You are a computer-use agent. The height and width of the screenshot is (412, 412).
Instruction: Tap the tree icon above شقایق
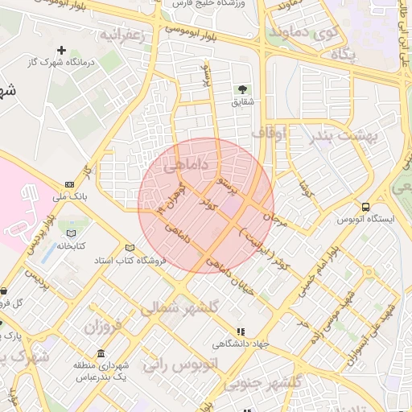pyautogui.click(x=242, y=89)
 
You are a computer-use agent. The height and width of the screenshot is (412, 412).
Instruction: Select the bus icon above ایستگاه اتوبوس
pyautogui.click(x=366, y=207)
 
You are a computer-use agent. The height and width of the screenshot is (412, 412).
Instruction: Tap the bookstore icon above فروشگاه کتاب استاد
pyautogui.click(x=130, y=248)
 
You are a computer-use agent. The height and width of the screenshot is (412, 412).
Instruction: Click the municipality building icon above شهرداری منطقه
pyautogui.click(x=101, y=354)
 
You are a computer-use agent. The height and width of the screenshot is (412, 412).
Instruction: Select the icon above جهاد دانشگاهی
pyautogui.click(x=240, y=332)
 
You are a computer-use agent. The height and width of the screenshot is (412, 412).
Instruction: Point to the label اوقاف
pyautogui.click(x=269, y=133)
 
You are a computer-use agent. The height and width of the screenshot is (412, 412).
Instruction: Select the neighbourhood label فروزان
pyautogui.click(x=101, y=327)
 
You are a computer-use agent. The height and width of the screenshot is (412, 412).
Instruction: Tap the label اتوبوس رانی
pyautogui.click(x=181, y=365)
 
